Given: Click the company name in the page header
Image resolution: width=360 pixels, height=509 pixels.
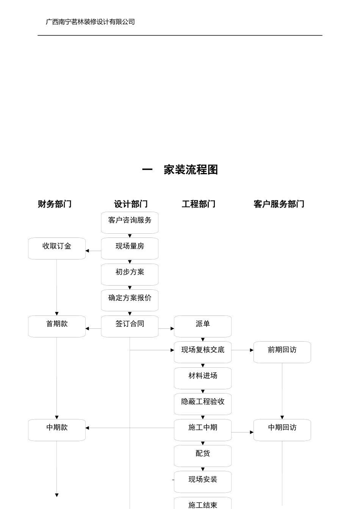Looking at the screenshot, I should [x=90, y=22].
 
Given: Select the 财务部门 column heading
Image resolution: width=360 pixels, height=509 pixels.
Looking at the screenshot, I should [x=55, y=204].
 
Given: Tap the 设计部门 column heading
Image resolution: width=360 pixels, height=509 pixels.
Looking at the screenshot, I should [x=131, y=204].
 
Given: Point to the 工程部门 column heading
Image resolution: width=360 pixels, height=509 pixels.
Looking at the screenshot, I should [x=199, y=204].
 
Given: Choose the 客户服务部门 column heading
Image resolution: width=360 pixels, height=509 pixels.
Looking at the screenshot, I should [x=279, y=204].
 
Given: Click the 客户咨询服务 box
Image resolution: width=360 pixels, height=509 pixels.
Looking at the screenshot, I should [x=130, y=222].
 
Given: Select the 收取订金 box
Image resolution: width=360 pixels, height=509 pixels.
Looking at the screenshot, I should [x=57, y=248].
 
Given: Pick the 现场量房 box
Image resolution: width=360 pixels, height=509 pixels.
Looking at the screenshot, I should [x=130, y=248].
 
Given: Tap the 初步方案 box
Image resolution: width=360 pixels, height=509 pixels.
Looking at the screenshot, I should [x=130, y=274].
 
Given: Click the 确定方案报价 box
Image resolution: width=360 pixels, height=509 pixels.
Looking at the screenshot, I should [x=130, y=300].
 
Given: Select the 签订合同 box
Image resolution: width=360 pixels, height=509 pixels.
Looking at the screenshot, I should [x=130, y=326].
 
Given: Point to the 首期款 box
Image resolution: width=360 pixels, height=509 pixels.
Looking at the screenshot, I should [x=57, y=326].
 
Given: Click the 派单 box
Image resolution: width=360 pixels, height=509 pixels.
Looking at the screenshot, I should [x=203, y=326].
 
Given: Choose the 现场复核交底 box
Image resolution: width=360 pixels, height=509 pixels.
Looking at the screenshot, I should [x=203, y=352].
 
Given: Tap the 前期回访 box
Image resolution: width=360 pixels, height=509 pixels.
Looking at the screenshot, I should [x=282, y=352].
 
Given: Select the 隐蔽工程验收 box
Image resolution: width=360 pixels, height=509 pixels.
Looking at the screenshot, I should [x=203, y=404].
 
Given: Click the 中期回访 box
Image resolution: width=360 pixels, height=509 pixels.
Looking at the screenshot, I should [x=282, y=430].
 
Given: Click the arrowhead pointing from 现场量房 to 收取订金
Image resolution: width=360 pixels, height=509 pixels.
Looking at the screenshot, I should [x=88, y=251].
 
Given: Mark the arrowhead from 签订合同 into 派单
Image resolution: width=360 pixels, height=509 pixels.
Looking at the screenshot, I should [x=172, y=328].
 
